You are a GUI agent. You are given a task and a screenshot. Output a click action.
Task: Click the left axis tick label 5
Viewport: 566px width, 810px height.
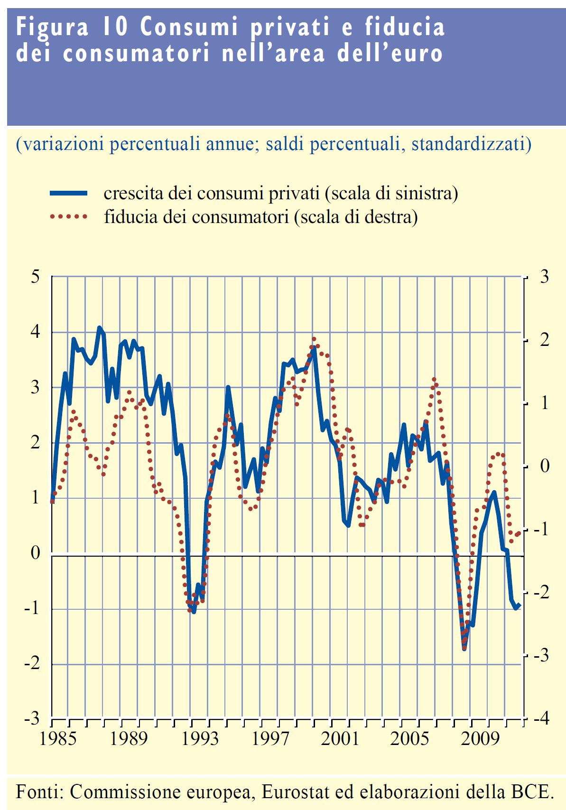36,277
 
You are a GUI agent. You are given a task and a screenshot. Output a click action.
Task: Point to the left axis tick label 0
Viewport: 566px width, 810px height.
36,553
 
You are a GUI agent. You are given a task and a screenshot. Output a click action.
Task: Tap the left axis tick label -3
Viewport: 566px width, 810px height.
32,719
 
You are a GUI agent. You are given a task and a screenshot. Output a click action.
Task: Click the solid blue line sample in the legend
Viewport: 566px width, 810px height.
69,193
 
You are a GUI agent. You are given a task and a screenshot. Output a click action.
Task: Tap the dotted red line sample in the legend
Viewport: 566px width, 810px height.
69,217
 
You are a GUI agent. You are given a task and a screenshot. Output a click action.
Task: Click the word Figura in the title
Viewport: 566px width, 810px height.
53,27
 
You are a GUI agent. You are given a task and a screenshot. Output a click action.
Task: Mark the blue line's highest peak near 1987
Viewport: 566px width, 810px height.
99,327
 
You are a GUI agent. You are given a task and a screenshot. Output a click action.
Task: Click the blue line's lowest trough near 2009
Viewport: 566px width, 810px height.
464,649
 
